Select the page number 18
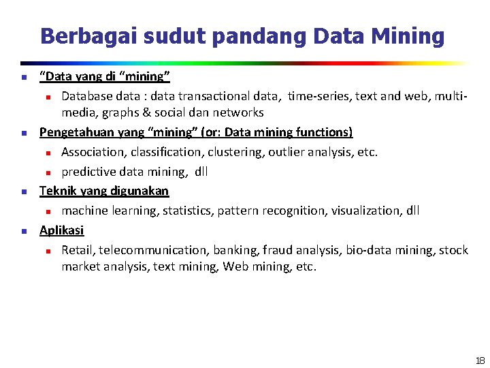pos(480,360)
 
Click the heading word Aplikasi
pos(61,230)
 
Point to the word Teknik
pos(56,191)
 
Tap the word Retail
pos(78,250)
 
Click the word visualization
pos(365,211)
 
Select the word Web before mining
pos(235,266)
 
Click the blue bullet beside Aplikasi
pos(23,231)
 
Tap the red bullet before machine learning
pos(48,211)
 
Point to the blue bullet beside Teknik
pos(23,191)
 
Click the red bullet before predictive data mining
pos(48,172)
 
